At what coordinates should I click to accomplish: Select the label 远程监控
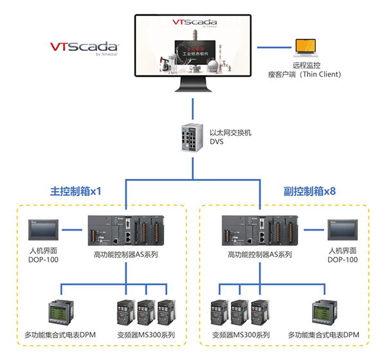pyautogui.click(x=306, y=65)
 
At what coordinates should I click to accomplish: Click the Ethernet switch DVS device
pyautogui.click(x=192, y=137)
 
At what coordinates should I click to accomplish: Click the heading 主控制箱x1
pyautogui.click(x=76, y=191)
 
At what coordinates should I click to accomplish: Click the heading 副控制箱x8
pyautogui.click(x=309, y=191)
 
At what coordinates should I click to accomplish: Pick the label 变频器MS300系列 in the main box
pyautogui.click(x=146, y=335)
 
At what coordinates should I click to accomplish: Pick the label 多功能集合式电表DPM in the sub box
pyautogui.click(x=323, y=335)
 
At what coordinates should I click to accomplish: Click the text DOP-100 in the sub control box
pyautogui.click(x=342, y=260)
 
